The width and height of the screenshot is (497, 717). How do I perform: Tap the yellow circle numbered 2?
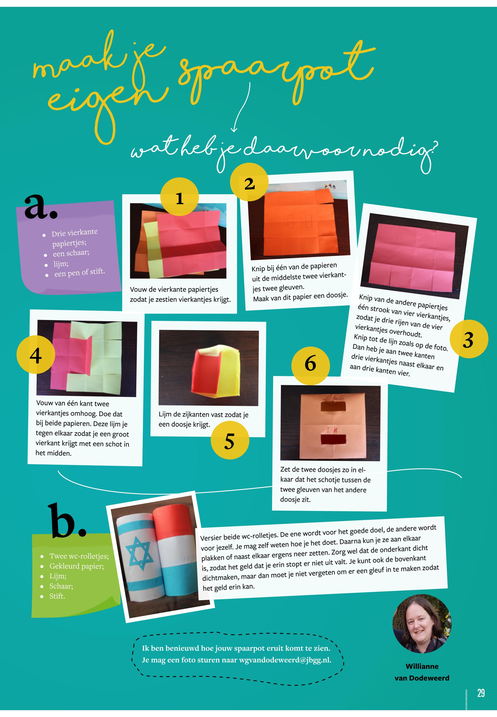249,182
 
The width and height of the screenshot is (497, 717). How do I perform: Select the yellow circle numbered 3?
469,339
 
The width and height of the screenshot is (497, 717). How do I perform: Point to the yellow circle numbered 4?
36,355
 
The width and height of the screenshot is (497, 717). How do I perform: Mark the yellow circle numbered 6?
311,363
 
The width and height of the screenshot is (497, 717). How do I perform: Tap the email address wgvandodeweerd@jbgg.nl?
285,660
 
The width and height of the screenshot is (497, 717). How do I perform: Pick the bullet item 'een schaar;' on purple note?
71,253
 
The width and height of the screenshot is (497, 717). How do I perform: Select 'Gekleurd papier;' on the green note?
77,566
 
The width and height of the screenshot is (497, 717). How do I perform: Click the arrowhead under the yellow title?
234,130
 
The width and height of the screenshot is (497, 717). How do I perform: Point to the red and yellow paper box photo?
209,368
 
